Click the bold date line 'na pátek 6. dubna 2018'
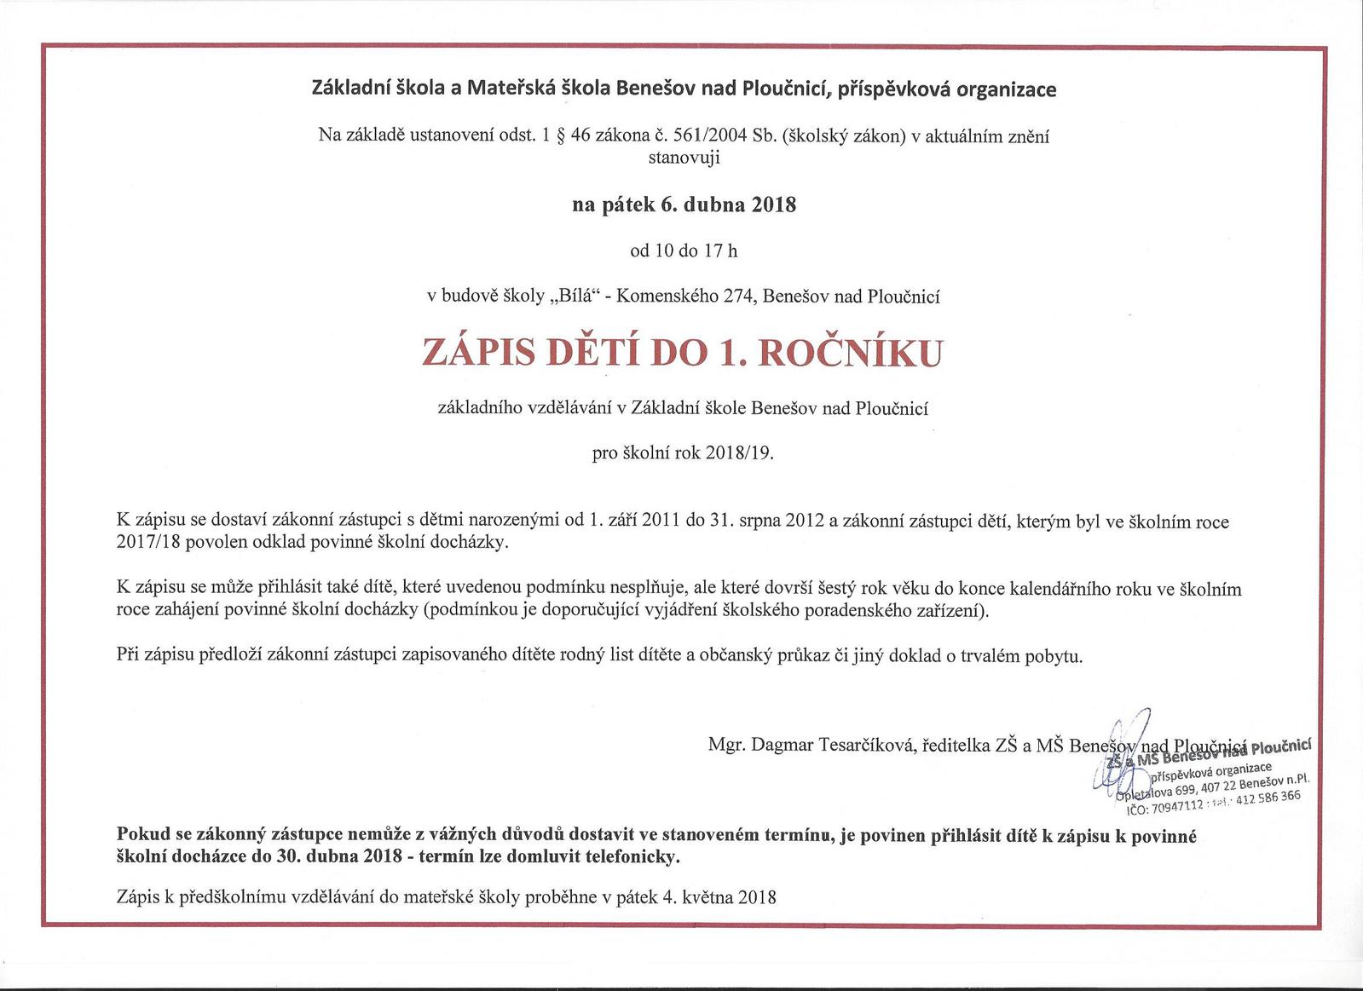[684, 205]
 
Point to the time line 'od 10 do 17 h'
[684, 251]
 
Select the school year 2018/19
[738, 453]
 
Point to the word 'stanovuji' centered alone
[684, 157]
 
